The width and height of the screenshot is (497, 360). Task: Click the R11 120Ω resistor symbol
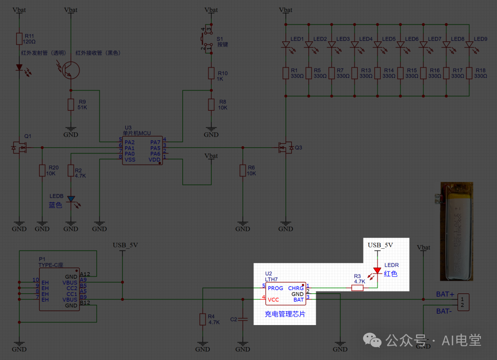(x=19, y=39)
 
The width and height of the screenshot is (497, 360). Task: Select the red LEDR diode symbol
(x=378, y=271)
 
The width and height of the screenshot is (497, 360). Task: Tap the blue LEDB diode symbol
(x=71, y=199)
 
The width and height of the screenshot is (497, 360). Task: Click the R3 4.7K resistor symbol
(x=357, y=288)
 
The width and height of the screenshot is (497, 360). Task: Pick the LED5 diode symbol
(x=378, y=45)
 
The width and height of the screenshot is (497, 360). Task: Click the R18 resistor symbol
(x=469, y=73)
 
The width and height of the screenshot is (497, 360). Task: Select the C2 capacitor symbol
(x=243, y=319)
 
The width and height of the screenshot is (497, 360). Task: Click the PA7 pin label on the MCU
(x=155, y=142)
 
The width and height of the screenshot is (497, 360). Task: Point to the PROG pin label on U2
(x=276, y=288)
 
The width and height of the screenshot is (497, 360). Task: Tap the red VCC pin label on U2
(x=273, y=300)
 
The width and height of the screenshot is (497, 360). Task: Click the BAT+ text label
(x=445, y=294)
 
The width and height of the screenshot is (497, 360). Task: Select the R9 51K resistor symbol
(x=71, y=104)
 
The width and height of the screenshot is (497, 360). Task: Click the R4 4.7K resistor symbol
(x=202, y=319)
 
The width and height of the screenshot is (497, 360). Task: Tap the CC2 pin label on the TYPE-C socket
(x=71, y=288)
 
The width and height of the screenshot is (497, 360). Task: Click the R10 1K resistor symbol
(x=211, y=73)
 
